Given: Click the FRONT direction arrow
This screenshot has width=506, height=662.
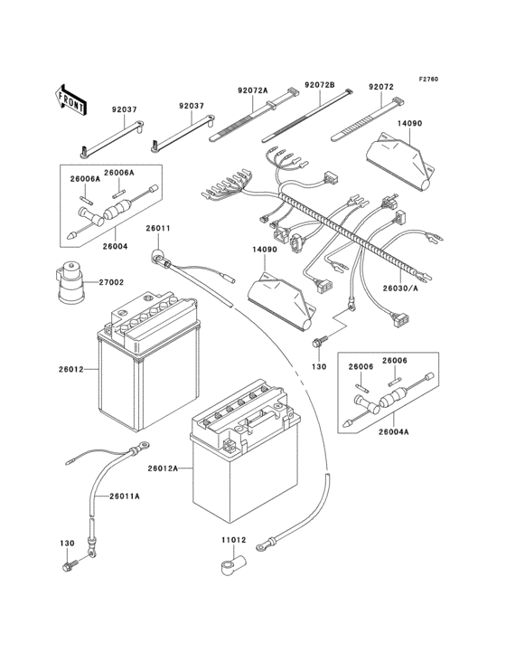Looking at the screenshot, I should tap(71, 99).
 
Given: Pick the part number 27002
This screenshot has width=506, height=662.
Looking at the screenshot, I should tap(111, 282).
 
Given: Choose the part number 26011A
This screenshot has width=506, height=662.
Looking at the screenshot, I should tap(126, 496).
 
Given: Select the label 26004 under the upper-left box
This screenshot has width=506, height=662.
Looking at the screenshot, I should tap(115, 244).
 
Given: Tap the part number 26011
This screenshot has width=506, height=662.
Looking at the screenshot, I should tap(158, 228).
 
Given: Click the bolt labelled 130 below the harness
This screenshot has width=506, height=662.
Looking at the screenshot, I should tap(319, 345).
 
